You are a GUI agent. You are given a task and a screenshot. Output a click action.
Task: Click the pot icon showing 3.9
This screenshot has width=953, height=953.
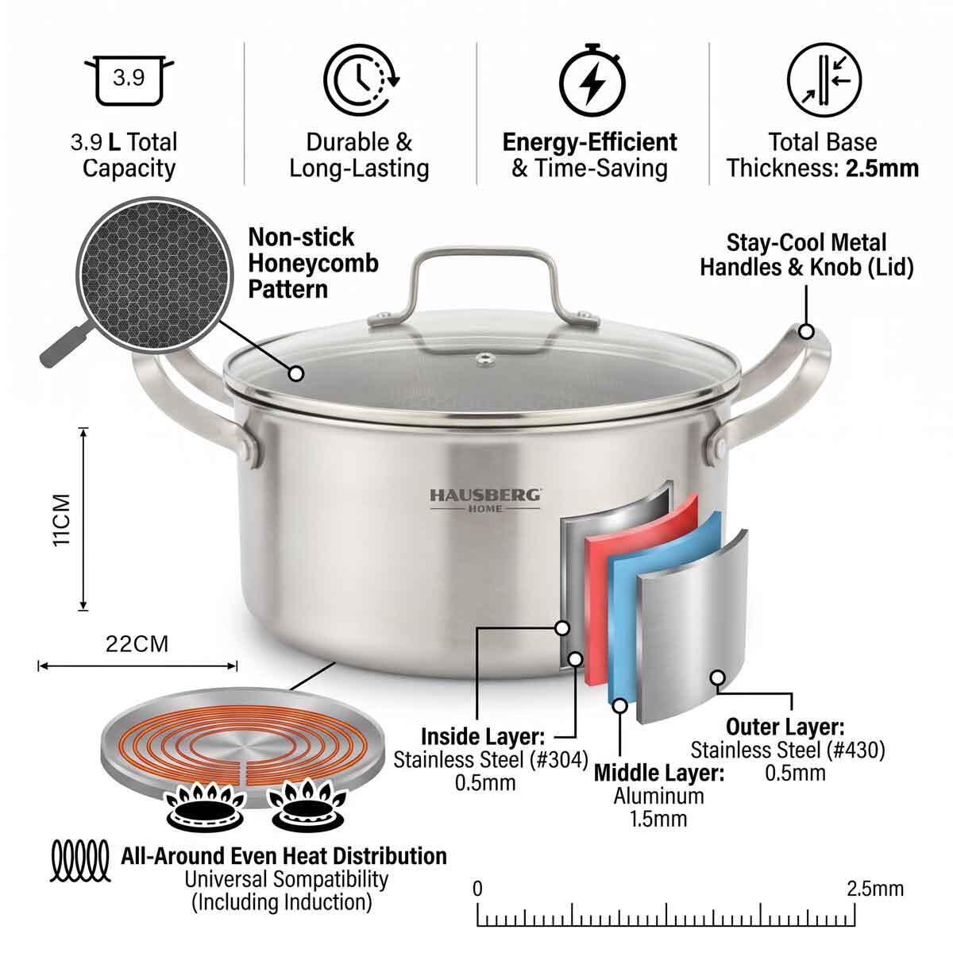point(129,80)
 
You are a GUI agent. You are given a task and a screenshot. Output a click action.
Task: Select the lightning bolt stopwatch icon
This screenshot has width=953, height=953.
point(592,81)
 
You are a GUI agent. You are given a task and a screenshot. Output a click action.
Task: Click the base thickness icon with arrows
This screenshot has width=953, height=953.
point(824,79)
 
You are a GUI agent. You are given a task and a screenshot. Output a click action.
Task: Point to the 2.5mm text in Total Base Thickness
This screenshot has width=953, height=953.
point(882,168)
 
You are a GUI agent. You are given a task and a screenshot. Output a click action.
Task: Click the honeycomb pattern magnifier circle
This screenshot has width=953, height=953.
point(154,275)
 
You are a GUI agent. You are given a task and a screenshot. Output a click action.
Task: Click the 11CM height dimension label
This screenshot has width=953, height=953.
point(62,519)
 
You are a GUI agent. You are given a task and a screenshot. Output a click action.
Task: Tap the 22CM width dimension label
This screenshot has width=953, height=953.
point(137,644)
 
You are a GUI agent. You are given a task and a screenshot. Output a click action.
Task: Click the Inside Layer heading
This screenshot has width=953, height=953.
point(483,736)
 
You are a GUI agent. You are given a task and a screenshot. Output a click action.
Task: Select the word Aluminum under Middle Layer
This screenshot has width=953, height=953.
point(658,796)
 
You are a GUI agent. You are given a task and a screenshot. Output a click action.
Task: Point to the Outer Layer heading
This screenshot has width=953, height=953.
point(785,727)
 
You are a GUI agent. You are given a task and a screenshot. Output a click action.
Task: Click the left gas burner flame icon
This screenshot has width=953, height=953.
point(205,805)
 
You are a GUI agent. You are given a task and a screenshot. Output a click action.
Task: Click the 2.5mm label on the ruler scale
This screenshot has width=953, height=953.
point(875,889)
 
